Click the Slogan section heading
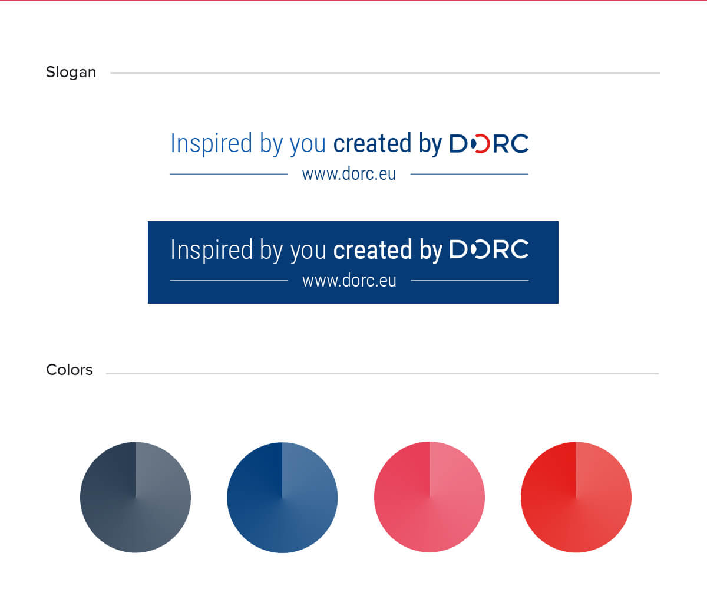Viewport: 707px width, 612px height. coord(71,73)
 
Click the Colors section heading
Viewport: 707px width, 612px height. coord(70,370)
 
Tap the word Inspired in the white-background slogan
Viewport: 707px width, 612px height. coord(211,143)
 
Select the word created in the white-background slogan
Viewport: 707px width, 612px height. coord(372,143)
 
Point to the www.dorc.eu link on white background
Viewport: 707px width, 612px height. coord(349,174)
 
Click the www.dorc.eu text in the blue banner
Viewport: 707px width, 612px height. coord(349,280)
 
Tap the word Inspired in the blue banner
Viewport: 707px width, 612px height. coord(212,249)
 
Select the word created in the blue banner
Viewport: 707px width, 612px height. coord(372,249)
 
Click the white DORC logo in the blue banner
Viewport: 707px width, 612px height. coord(489,249)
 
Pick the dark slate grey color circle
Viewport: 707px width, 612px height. coord(136,497)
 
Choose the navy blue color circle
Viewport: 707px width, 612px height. coord(282,498)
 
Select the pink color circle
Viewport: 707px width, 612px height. coord(430,496)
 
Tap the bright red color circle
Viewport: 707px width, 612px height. coord(576,497)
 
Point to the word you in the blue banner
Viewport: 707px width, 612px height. coord(308,252)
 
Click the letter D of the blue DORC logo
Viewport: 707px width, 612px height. coord(458,143)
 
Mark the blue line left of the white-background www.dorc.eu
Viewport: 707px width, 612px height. coord(229,174)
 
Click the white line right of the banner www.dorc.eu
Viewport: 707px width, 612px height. coord(470,280)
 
